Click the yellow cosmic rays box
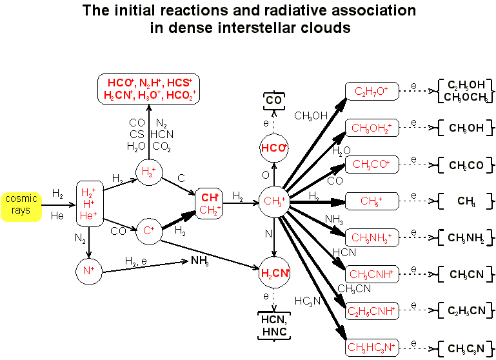[21, 205]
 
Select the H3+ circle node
[148, 172]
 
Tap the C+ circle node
[148, 230]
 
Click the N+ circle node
[88, 272]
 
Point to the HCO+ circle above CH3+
[273, 148]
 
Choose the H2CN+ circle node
[273, 272]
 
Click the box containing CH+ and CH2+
[210, 203]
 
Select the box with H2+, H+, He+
[88, 203]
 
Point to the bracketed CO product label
[273, 101]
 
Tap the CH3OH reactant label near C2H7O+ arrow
[312, 116]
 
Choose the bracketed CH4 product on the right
[466, 201]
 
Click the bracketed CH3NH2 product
[466, 238]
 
